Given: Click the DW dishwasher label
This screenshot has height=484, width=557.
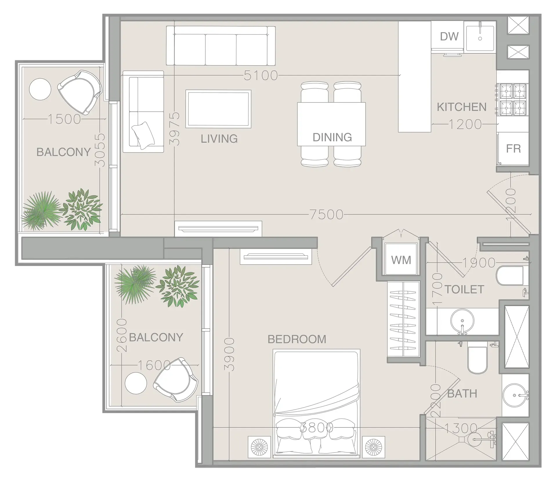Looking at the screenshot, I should tap(449, 37).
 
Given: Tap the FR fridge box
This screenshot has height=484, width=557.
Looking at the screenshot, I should tap(513, 149).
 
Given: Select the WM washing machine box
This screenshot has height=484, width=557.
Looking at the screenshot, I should tap(401, 260).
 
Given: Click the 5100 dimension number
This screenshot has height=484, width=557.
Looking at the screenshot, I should tap(261, 76).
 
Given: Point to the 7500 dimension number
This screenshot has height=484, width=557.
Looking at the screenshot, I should tap(326, 215).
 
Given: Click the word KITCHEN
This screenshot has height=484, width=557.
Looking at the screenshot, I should tap(462, 107).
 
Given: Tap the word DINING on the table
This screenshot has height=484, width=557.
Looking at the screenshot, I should tap(332, 137).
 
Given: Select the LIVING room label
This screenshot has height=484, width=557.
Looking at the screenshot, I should tap(219, 139).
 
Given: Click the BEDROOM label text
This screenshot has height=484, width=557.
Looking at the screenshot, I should tap(297, 339).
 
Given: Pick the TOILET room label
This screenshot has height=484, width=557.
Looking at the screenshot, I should tap(464, 290).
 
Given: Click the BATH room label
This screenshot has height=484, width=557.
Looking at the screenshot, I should tap(462, 394).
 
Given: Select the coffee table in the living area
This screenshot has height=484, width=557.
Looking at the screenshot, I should tap(218, 109).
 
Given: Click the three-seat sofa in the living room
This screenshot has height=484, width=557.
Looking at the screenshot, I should tap(221, 46).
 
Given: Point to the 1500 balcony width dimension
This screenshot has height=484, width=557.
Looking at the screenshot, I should tap(64, 119).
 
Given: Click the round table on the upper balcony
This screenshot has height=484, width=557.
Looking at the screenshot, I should tap(40, 89).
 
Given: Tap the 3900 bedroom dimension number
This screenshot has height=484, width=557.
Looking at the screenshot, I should tap(229, 354).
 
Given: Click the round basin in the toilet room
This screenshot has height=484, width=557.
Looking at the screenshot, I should tap(462, 321).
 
